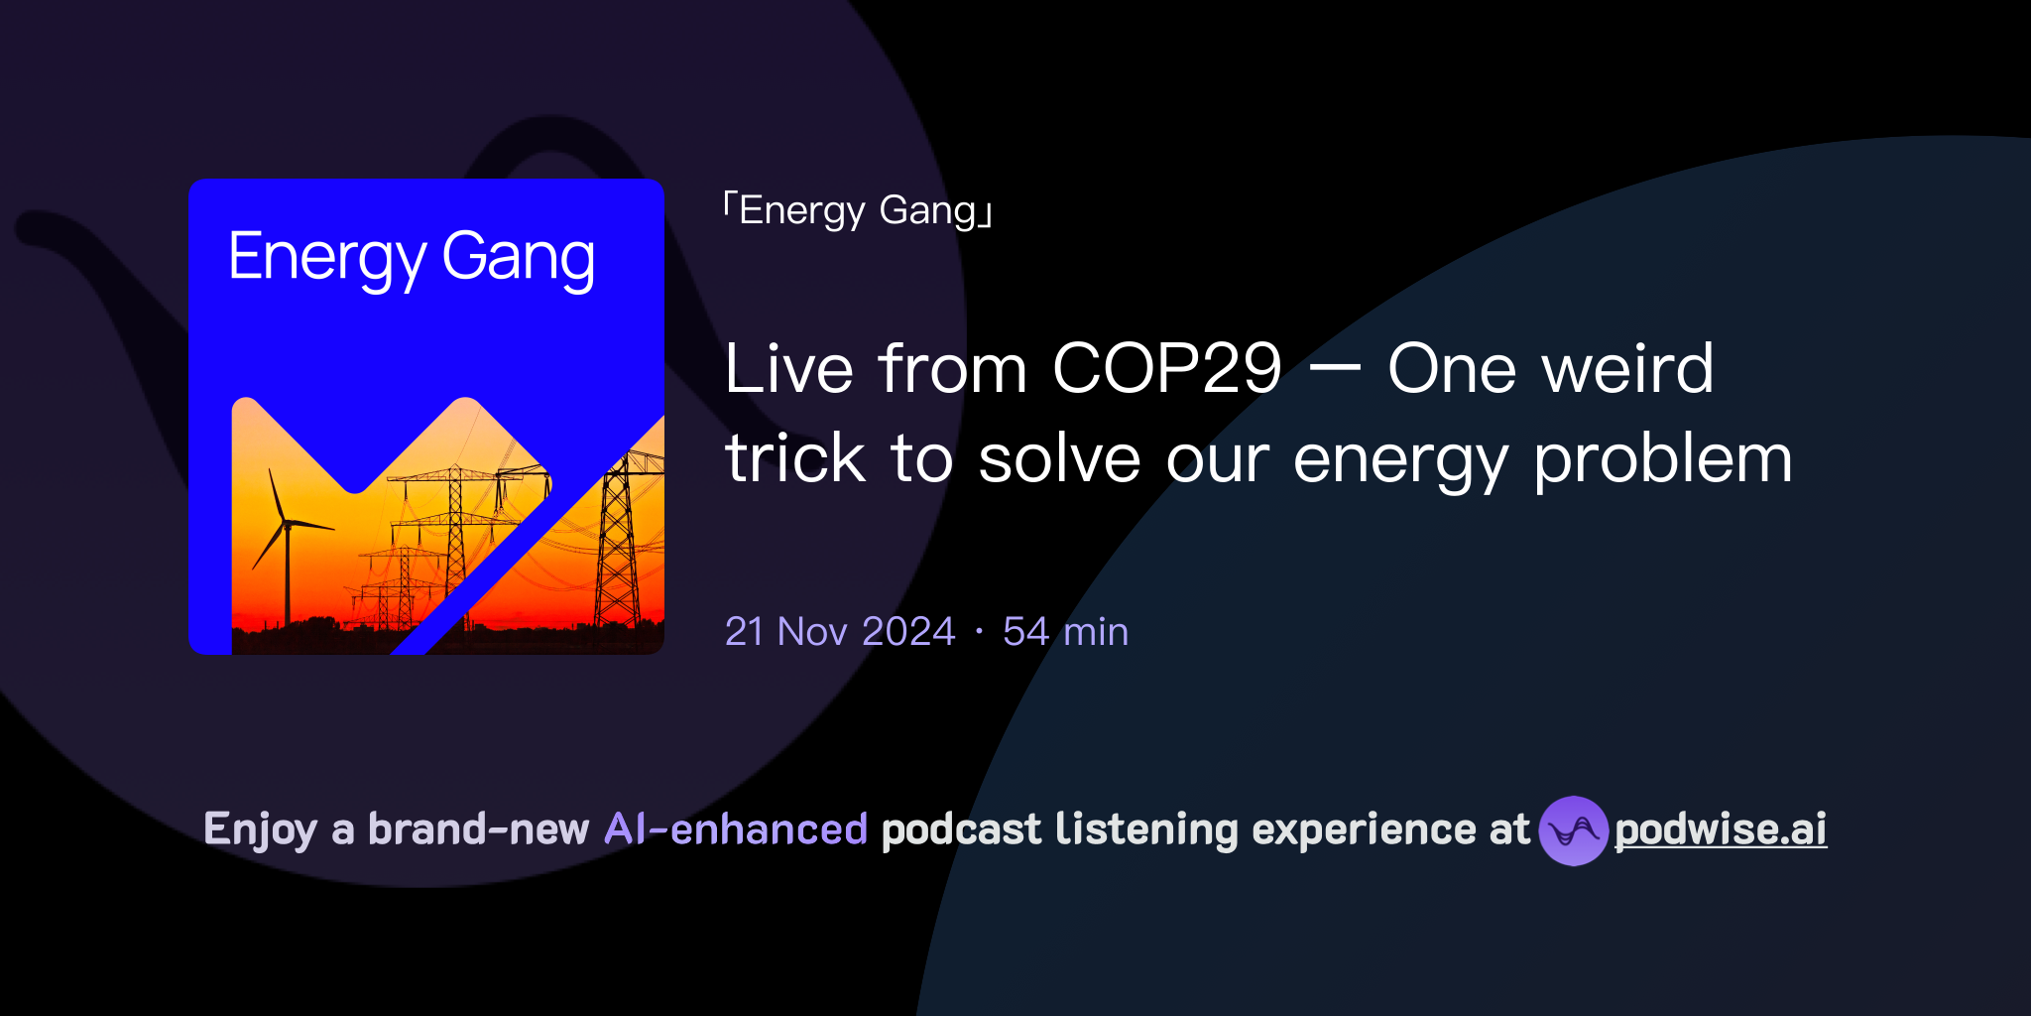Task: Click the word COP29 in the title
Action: click(1167, 369)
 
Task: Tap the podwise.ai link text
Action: click(1721, 830)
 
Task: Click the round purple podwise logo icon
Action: click(1573, 830)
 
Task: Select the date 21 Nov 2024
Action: click(840, 632)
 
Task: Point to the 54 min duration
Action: click(1065, 632)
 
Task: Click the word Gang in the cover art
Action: click(518, 258)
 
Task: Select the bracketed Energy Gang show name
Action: click(859, 211)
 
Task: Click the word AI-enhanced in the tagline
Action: click(736, 829)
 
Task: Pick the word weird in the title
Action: click(1627, 369)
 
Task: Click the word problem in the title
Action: click(1663, 460)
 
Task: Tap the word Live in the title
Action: click(788, 369)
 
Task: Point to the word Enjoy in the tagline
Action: click(260, 829)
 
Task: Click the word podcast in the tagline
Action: click(961, 829)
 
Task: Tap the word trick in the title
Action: click(795, 460)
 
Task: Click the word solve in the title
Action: click(1059, 460)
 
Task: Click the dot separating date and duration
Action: click(979, 632)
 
